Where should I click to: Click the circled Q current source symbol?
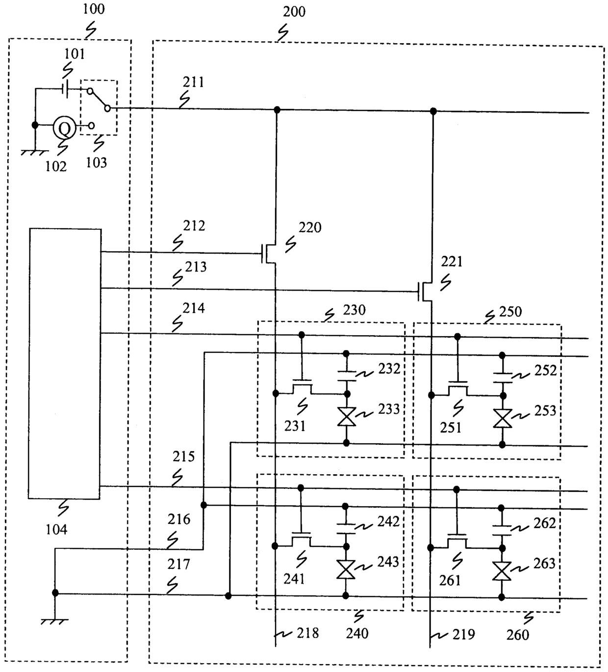[65, 127]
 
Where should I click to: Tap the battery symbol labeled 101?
[65, 89]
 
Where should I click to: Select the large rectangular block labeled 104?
[65, 364]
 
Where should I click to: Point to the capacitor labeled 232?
[346, 376]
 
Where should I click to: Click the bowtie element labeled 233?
[346, 416]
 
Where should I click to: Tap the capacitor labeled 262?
[501, 530]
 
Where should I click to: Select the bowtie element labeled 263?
[501, 571]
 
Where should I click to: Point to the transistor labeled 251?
[458, 388]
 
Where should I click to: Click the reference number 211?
[193, 82]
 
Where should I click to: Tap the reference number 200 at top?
[294, 12]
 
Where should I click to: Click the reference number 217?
[178, 564]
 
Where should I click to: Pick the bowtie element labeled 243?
[346, 569]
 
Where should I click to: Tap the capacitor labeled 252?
[502, 377]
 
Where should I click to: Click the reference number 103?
[97, 163]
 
